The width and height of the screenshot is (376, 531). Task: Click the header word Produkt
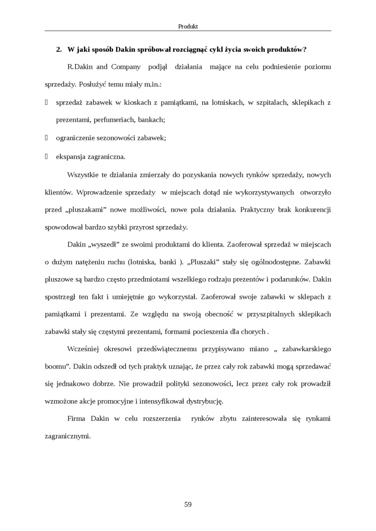coord(188,26)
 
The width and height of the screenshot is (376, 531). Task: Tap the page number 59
coord(188,504)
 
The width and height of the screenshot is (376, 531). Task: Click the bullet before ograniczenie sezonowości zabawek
coord(46,138)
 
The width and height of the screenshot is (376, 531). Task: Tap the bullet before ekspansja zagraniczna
coord(46,157)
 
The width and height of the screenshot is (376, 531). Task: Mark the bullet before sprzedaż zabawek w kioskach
coord(46,102)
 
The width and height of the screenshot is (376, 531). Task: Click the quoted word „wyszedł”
coord(107,244)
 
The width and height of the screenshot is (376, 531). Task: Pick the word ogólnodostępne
coord(274,261)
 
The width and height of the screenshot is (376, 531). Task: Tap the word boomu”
coord(56,367)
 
